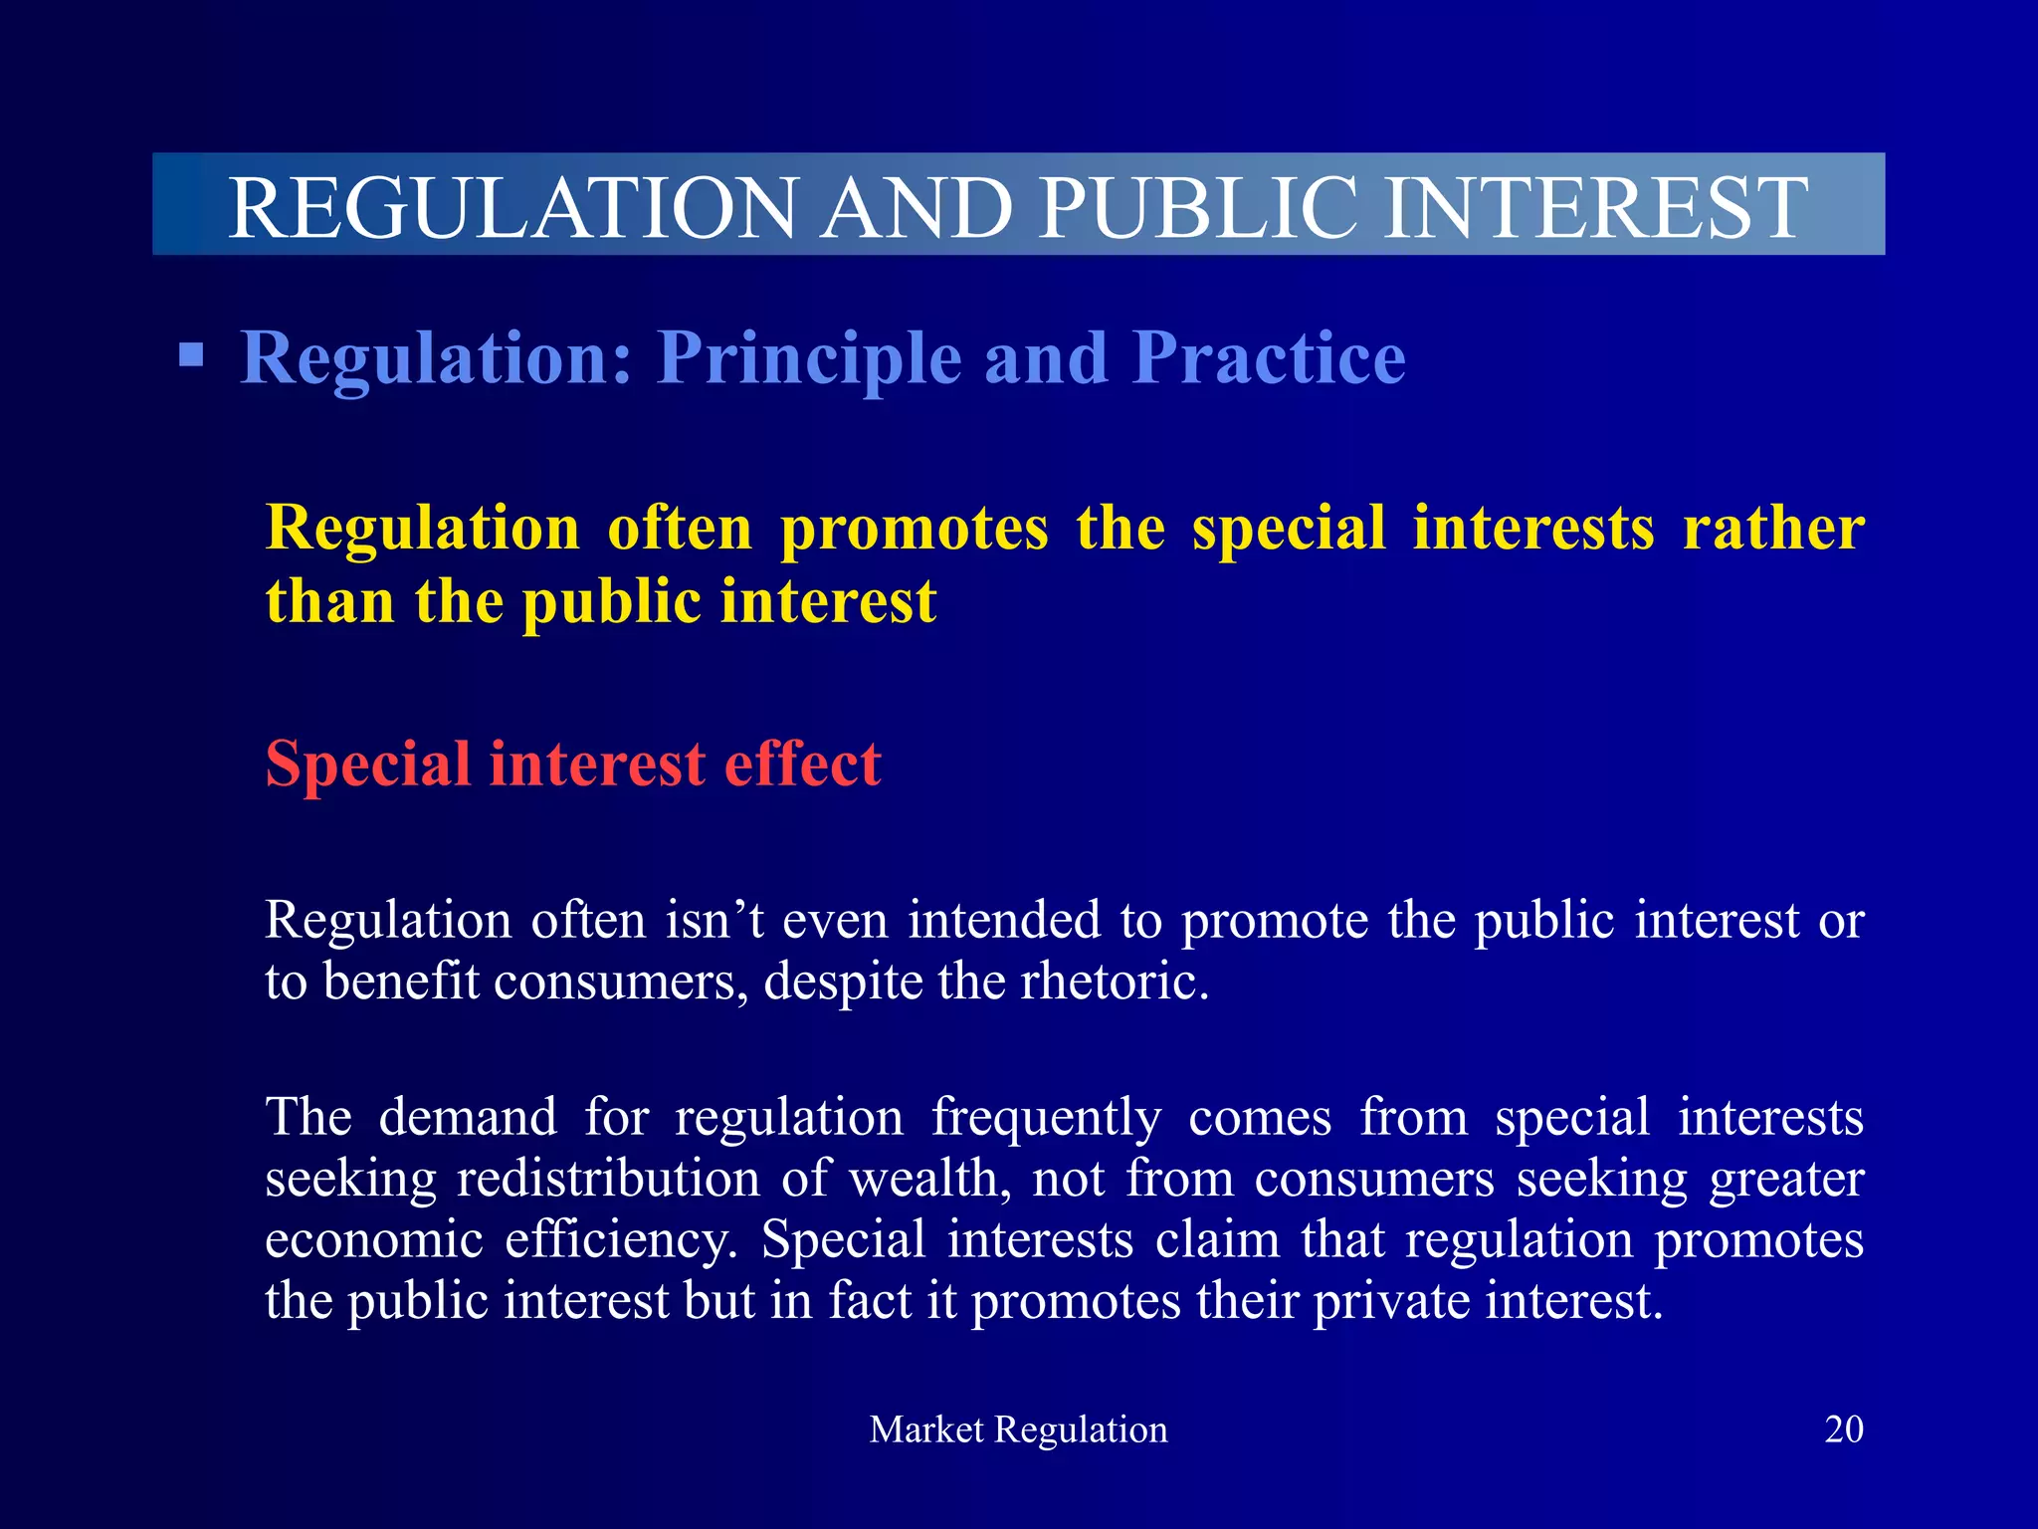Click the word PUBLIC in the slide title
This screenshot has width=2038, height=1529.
[x=1198, y=207]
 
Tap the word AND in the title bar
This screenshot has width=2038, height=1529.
[x=917, y=207]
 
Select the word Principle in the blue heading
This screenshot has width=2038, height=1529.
[x=809, y=358]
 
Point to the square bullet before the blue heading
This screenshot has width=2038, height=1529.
[x=191, y=355]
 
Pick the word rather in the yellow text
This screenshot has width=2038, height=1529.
[x=1773, y=528]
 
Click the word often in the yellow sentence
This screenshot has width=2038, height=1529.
[x=680, y=528]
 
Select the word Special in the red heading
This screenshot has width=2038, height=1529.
[x=367, y=764]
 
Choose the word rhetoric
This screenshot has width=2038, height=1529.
[x=1115, y=982]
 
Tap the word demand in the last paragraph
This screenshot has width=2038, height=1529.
[x=468, y=1117]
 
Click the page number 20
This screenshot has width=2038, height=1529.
[x=1843, y=1429]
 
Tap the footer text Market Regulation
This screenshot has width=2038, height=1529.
[x=1018, y=1429]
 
